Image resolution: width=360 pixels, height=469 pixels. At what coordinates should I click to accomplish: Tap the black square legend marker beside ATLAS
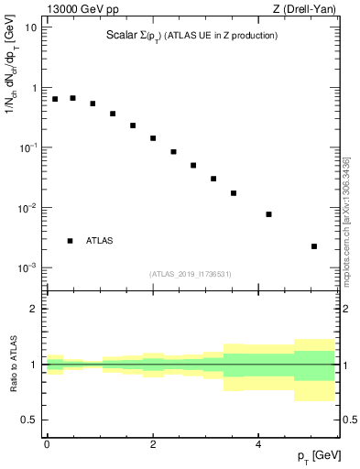70,241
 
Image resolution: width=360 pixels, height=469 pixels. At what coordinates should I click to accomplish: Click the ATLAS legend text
100,241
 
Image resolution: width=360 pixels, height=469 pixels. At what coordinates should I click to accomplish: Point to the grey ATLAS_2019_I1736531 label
191,274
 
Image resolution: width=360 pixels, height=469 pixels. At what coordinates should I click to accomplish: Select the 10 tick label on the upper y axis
30,27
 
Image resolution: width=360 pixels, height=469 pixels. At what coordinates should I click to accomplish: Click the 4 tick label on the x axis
257,444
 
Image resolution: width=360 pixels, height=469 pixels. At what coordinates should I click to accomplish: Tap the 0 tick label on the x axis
47,444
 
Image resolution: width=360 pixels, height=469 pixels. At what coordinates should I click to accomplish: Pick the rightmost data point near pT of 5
314,246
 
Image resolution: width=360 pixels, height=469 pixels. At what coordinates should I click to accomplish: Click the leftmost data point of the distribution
55,99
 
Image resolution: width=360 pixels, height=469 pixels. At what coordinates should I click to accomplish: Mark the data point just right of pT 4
268,214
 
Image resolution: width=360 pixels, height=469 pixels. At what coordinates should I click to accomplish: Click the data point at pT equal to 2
153,138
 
